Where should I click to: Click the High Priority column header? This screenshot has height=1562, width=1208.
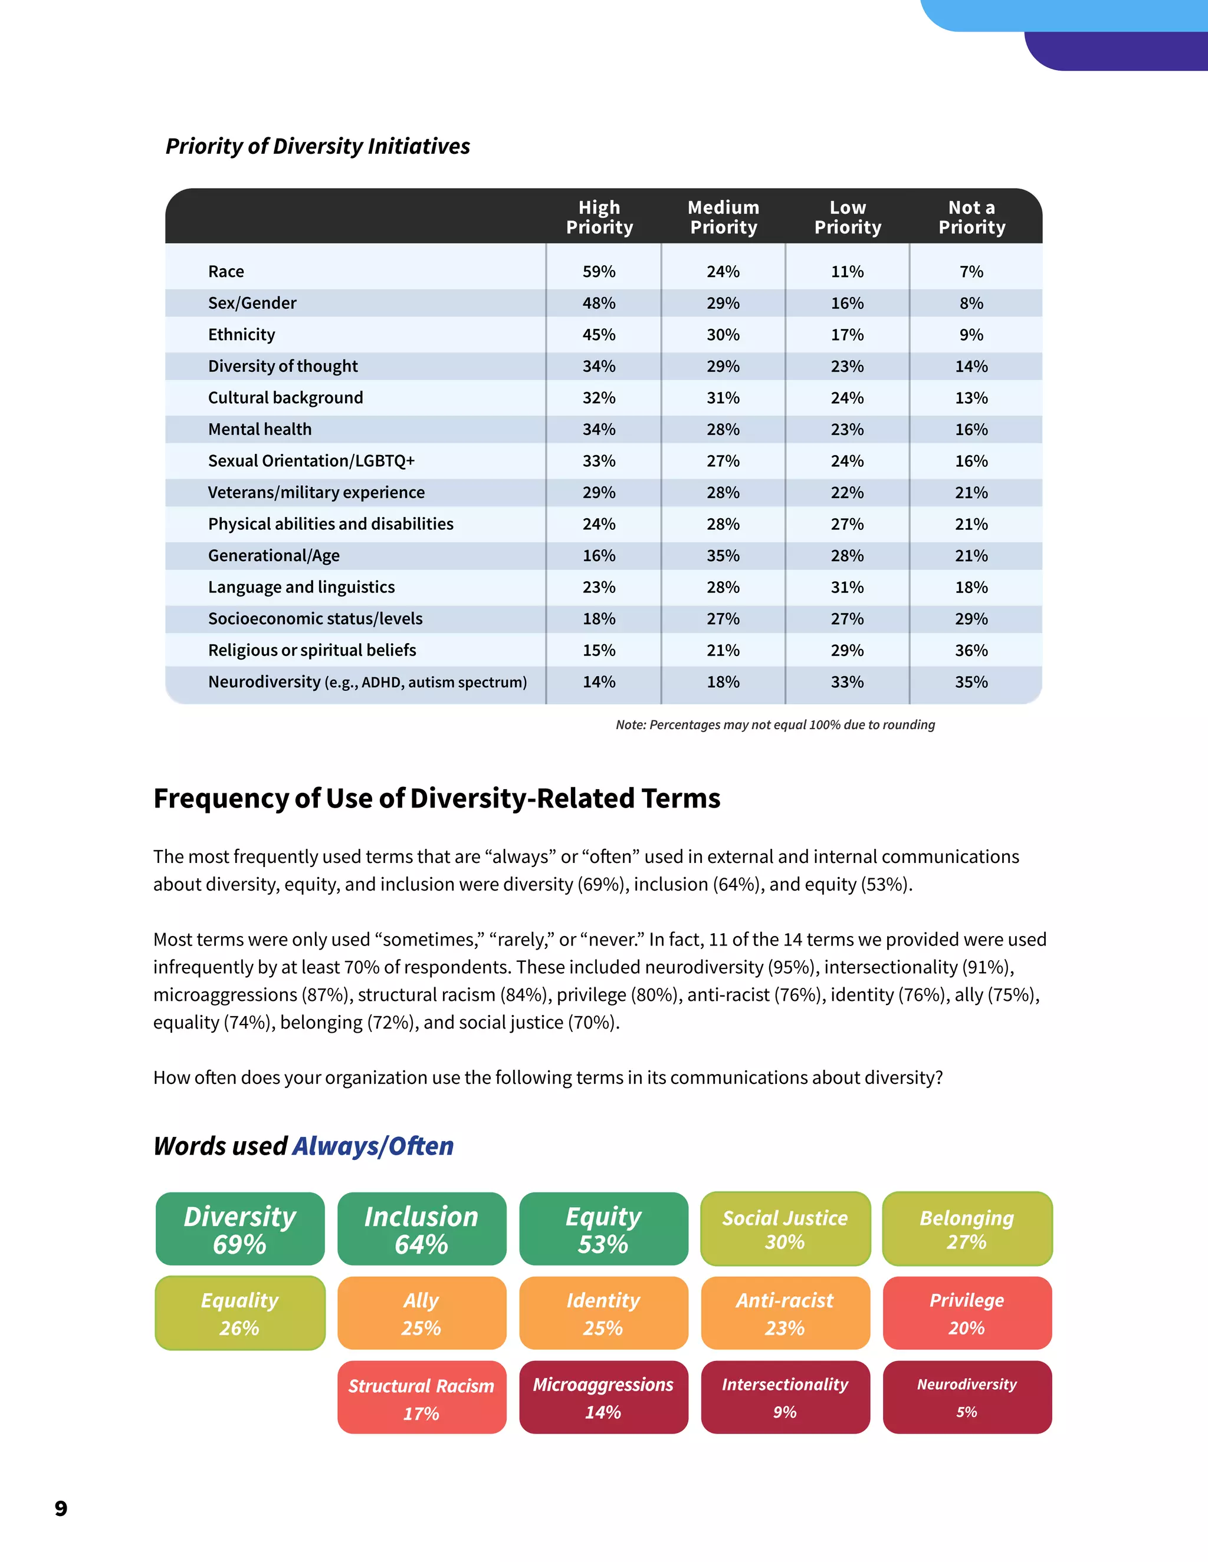pos(599,218)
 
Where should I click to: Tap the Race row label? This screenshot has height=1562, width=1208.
pos(226,272)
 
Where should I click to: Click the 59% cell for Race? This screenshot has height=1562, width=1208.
pos(599,272)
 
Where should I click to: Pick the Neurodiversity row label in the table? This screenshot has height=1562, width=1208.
pos(367,683)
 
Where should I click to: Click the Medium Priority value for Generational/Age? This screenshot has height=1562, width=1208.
pos(723,556)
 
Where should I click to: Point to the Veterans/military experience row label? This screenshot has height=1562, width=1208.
pos(316,493)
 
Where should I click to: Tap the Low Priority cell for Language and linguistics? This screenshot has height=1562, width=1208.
pos(848,587)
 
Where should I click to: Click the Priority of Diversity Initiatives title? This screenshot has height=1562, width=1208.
pos(318,146)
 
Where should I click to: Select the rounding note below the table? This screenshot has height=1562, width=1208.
pos(775,724)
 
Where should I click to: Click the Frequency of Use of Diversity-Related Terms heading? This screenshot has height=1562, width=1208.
pos(436,798)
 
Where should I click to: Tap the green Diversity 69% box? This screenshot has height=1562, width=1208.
pos(239,1230)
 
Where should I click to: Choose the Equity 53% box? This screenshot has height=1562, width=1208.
pos(603,1230)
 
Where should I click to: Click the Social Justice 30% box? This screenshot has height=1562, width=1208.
pos(785,1230)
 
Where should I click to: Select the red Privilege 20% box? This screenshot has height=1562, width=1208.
pos(967,1313)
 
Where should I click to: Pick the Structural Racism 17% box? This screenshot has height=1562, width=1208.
pos(422,1398)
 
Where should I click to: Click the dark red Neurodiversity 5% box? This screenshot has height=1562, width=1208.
pos(967,1398)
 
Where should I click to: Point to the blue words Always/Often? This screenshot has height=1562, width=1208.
pos(373,1146)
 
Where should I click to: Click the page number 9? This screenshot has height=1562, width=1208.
pos(61,1508)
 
